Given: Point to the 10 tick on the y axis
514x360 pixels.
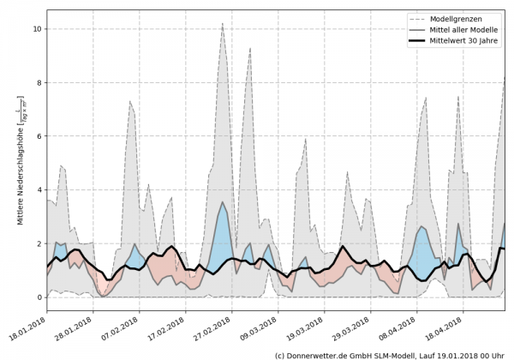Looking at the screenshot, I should click(x=37, y=29).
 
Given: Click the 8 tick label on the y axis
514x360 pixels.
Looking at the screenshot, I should click(x=38, y=83).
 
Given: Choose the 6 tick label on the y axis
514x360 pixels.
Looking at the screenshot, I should click(x=38, y=136).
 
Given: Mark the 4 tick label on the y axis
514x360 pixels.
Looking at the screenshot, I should click(x=38, y=190).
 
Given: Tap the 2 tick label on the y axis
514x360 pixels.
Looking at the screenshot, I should click(x=38, y=244).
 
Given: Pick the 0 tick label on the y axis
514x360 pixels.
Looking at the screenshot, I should click(x=38, y=297).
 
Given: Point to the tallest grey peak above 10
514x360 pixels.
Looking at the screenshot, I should click(x=223, y=24).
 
